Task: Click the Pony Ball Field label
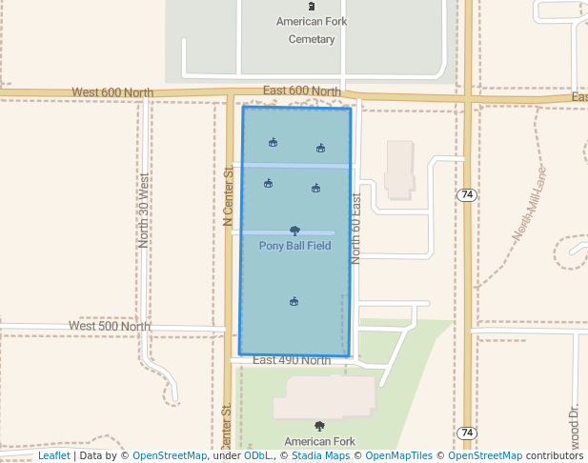click(294, 246)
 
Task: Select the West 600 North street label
click(112, 92)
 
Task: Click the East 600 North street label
click(301, 91)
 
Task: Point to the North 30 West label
click(144, 211)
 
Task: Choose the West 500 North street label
click(109, 326)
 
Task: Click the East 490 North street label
click(292, 360)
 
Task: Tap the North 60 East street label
click(356, 229)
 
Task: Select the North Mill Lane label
click(529, 204)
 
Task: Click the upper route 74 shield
click(466, 194)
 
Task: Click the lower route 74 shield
click(466, 433)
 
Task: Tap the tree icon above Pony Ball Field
click(294, 230)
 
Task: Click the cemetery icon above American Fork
click(312, 7)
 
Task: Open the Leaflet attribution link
click(54, 455)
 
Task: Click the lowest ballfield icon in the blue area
click(294, 302)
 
